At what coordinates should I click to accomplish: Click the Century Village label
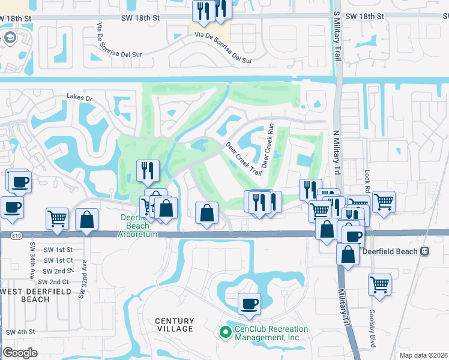tap(175, 325)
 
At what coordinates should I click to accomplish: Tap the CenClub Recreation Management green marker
tap(226, 331)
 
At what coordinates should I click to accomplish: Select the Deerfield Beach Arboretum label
tap(139, 226)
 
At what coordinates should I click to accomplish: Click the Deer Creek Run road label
tap(268, 142)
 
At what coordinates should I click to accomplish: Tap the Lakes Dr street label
tap(80, 97)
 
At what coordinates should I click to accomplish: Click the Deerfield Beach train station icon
tap(425, 251)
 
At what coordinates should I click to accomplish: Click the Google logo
tap(19, 353)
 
